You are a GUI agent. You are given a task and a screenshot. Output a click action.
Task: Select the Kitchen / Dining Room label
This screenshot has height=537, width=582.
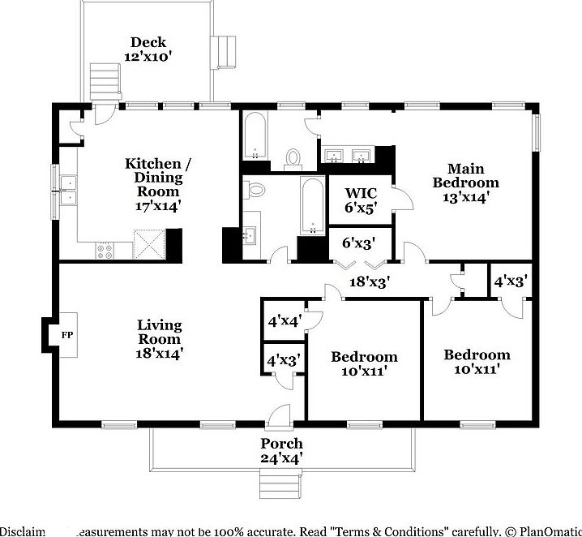point(157,184)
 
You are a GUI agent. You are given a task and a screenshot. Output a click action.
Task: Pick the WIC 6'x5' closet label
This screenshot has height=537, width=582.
point(359,200)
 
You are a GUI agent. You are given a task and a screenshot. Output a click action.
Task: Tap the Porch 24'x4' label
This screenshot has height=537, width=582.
point(281,450)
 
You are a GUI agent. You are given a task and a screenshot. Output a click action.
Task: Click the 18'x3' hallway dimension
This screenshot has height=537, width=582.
point(370,282)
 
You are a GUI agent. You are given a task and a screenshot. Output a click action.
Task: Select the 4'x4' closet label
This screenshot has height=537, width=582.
point(285,320)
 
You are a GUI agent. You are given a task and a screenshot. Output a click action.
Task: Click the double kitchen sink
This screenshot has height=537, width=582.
point(68,190)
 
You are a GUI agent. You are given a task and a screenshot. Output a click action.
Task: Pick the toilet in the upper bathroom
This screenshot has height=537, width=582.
point(293,157)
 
